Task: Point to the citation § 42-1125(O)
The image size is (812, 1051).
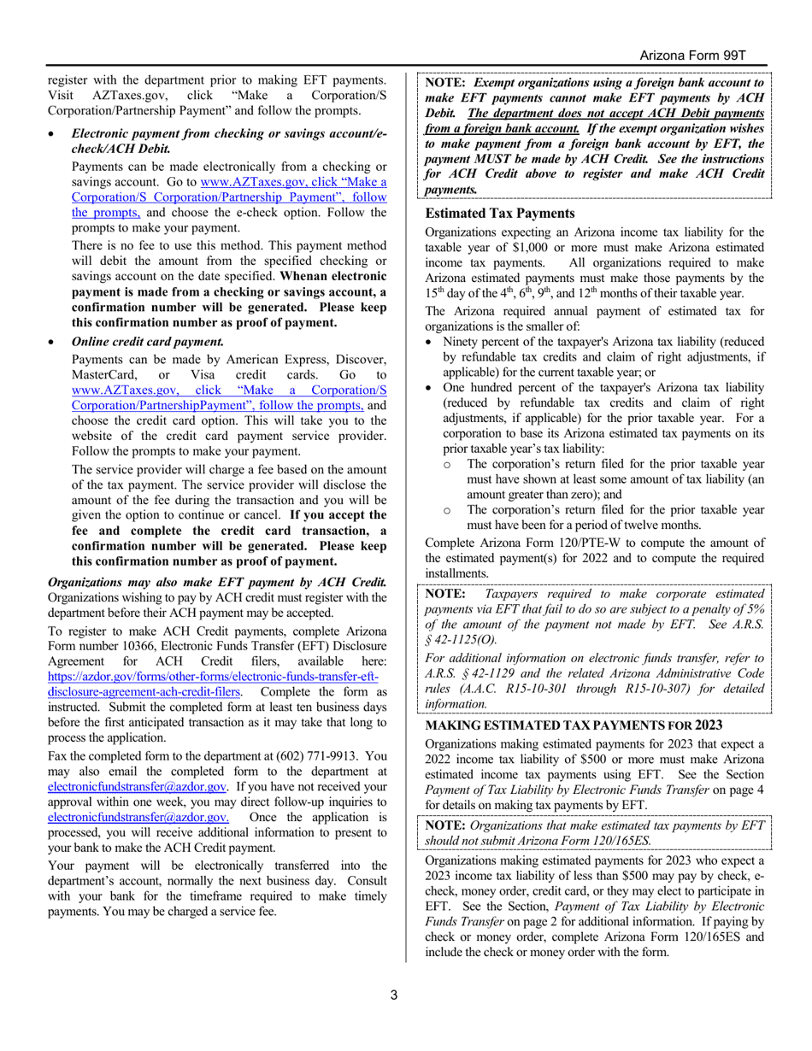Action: pyautogui.click(x=460, y=638)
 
